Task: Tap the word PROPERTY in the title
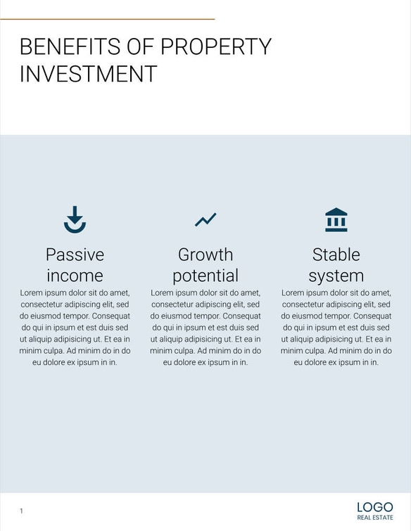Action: (216, 46)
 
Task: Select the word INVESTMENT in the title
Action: (88, 74)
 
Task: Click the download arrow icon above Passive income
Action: (75, 219)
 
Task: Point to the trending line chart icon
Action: (205, 219)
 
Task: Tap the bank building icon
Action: (336, 219)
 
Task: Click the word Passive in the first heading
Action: (75, 254)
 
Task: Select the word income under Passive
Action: (75, 275)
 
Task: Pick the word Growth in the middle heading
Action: (205, 254)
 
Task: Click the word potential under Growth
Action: (205, 275)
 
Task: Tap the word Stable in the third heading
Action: (336, 254)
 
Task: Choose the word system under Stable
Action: (336, 275)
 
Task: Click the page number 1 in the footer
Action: (21, 511)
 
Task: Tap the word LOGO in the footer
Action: (374, 507)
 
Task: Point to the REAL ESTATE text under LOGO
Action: (374, 518)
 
